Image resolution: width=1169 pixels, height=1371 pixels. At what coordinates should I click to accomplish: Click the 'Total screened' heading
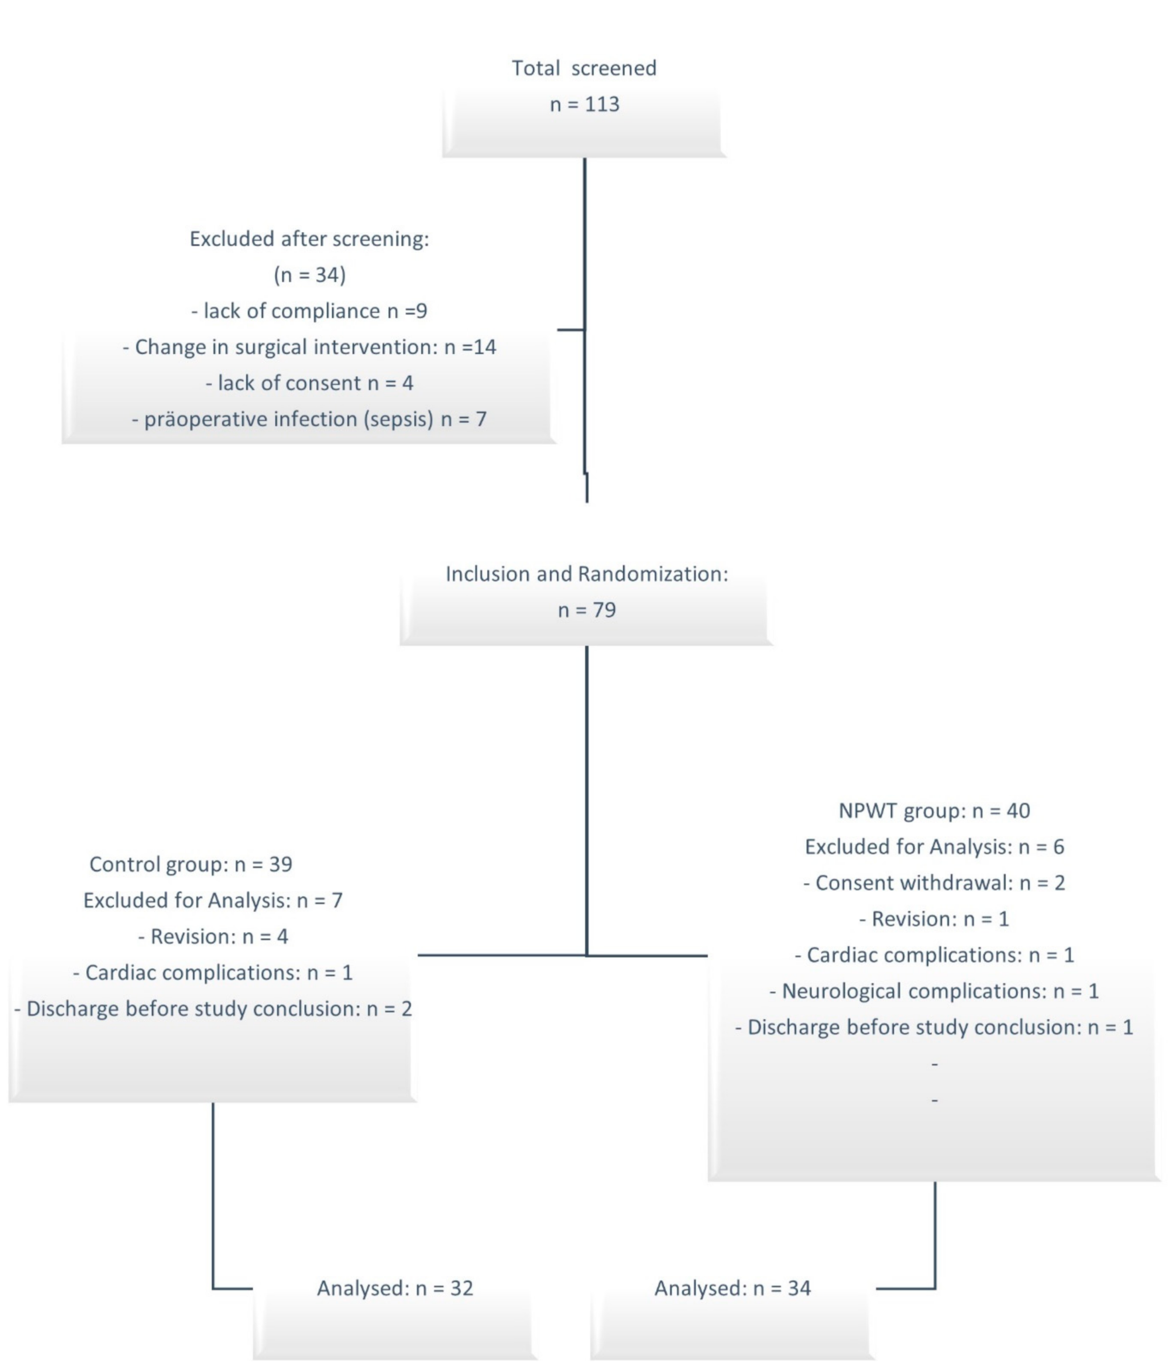[584, 68]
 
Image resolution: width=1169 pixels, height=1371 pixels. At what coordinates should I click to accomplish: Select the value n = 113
[584, 105]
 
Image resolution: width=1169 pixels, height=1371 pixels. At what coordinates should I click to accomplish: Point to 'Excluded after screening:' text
[309, 239]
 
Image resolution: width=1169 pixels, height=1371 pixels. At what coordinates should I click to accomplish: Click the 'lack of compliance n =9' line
[309, 311]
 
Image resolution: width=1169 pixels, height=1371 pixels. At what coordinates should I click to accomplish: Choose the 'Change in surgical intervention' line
[309, 347]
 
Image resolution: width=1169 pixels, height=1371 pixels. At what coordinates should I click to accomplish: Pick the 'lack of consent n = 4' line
[309, 383]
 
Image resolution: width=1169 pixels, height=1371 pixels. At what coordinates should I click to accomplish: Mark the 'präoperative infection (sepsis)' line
[309, 419]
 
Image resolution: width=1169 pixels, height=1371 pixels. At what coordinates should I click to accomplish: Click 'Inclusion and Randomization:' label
[586, 574]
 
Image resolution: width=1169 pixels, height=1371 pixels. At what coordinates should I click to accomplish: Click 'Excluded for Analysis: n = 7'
[212, 900]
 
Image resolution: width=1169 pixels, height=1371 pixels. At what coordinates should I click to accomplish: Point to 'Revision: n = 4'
[212, 937]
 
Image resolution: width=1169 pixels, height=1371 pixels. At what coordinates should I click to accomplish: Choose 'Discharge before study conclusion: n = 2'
[212, 1009]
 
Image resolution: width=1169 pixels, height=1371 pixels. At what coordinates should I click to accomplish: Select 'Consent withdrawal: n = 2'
[934, 883]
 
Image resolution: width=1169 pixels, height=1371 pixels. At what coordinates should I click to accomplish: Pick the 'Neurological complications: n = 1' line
[934, 991]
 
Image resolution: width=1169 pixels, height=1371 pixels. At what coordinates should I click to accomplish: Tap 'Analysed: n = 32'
[395, 1288]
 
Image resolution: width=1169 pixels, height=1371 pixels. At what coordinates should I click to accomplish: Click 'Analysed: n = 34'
[732, 1288]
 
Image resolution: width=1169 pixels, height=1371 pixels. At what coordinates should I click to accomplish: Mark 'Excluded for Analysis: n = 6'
[934, 847]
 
